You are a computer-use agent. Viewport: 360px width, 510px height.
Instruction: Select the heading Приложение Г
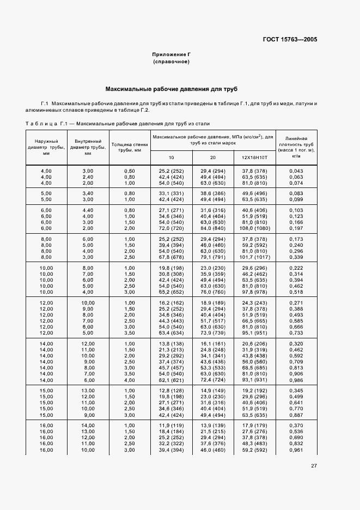click(171, 55)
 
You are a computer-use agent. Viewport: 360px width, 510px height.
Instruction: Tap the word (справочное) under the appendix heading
click(171, 62)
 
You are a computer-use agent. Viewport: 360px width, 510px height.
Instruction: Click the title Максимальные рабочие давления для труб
click(171, 88)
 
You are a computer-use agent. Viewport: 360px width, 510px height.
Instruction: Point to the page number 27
click(314, 465)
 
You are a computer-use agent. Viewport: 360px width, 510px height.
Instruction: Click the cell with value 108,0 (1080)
click(254, 228)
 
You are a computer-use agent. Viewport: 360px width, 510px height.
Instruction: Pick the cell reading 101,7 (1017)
click(254, 257)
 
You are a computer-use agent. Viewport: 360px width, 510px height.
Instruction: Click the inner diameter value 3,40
click(88, 193)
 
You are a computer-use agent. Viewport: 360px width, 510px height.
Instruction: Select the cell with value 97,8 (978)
click(254, 292)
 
